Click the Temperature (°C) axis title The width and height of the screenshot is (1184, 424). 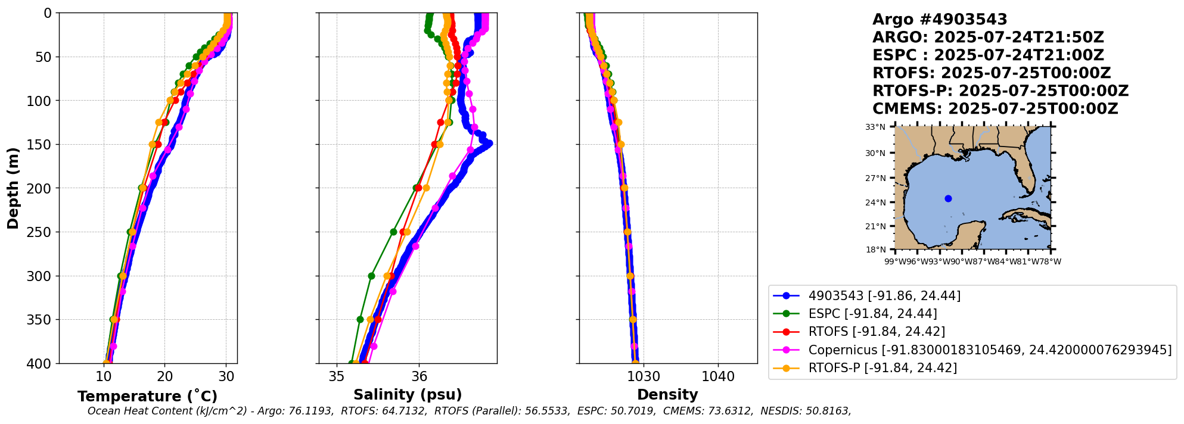[x=147, y=397]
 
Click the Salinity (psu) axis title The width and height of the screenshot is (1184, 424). [x=408, y=395]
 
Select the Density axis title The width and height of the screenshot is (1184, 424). [x=667, y=395]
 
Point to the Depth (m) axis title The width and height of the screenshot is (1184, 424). [x=13, y=188]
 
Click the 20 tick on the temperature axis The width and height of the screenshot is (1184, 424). [x=165, y=376]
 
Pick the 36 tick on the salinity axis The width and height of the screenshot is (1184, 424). [x=419, y=376]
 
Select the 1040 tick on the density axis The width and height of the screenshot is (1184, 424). [x=718, y=376]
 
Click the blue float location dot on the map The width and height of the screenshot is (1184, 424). [x=948, y=198]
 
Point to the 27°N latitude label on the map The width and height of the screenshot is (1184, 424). [x=875, y=178]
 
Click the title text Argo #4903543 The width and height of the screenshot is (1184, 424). [x=940, y=20]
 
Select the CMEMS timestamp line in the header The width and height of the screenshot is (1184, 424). [x=995, y=109]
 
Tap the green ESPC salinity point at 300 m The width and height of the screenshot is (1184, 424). [x=371, y=276]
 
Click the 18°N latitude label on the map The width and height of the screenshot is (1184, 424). [x=875, y=250]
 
